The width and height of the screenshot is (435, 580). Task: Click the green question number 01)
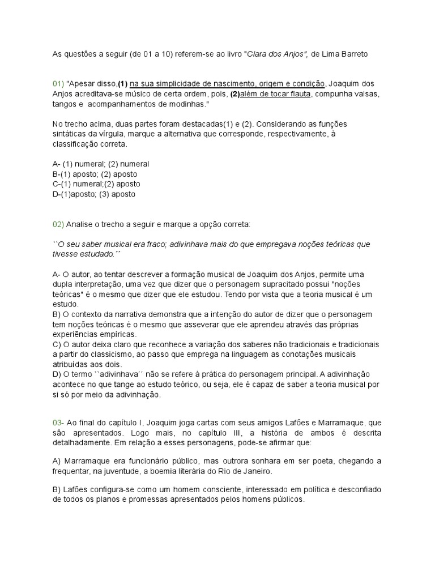[58, 84]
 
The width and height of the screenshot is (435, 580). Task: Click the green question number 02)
[58, 224]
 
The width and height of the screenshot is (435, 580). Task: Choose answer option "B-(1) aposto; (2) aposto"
[95, 174]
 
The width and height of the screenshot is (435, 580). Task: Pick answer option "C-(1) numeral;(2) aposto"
[96, 184]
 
